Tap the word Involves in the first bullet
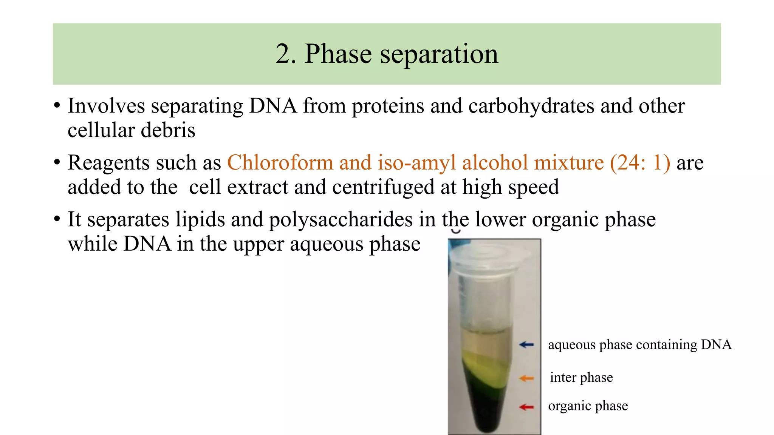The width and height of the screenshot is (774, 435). click(106, 106)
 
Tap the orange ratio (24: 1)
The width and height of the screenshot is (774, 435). click(640, 163)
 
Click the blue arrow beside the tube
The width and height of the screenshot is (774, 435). click(526, 344)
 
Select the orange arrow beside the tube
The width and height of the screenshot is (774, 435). click(526, 378)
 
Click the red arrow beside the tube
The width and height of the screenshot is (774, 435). click(526, 407)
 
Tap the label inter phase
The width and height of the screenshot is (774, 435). click(581, 378)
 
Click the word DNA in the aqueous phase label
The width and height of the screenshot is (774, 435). click(716, 344)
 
